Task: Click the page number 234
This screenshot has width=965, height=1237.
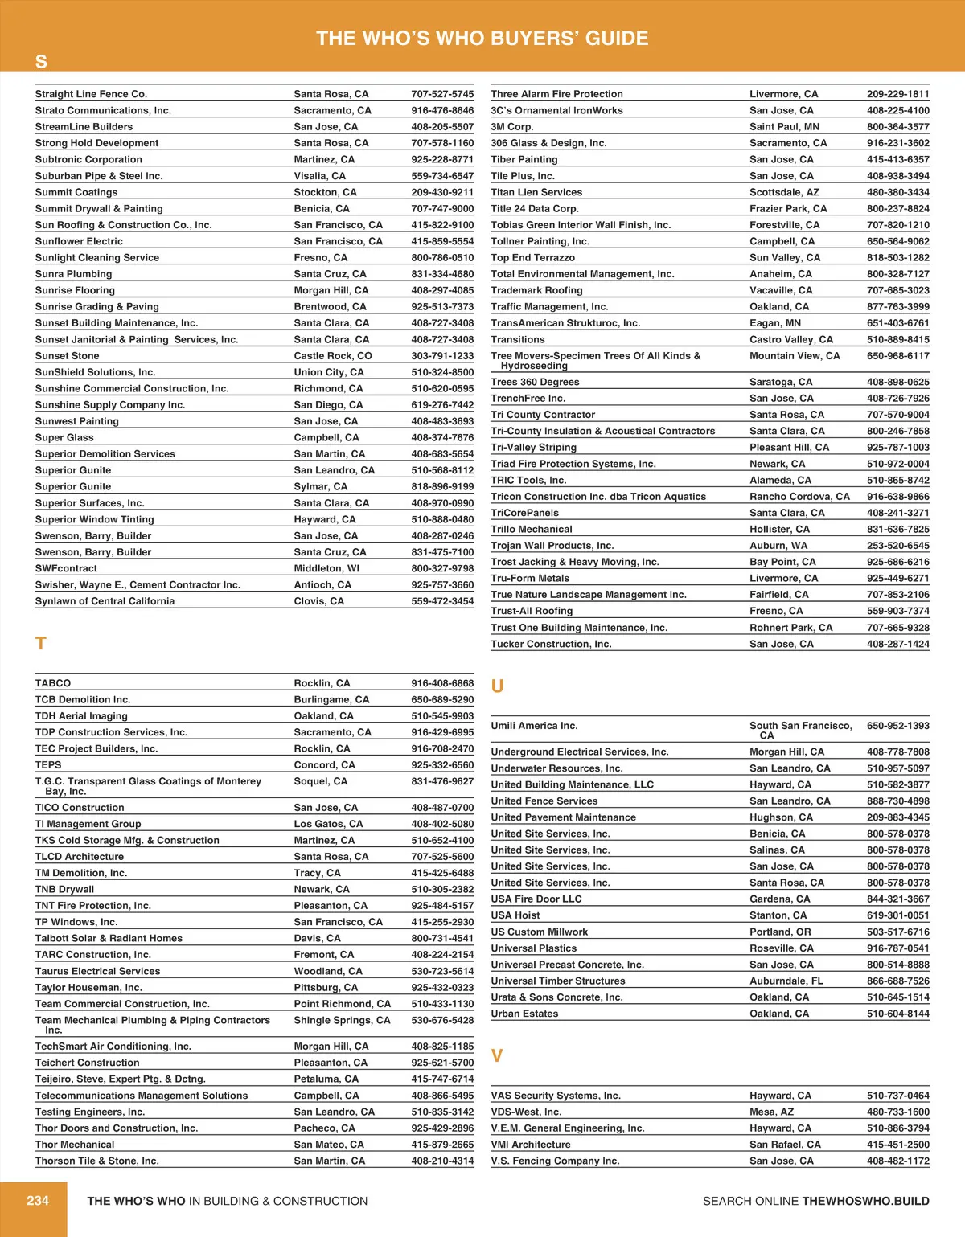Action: coord(38,1201)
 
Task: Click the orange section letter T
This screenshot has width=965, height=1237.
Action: coord(41,644)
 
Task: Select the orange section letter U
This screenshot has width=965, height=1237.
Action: coord(497,686)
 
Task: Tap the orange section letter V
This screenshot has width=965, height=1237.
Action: coord(497,1056)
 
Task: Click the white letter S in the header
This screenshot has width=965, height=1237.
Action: coord(41,62)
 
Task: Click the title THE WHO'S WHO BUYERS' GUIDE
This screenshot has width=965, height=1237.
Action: coord(482,38)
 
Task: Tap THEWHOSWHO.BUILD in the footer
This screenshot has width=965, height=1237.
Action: coord(865,1201)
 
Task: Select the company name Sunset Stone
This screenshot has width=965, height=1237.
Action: coord(68,356)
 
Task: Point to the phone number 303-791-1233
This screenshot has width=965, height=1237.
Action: coord(442,356)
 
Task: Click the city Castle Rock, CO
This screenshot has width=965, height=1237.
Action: coord(333,356)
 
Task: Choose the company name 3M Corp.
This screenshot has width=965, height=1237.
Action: coord(512,127)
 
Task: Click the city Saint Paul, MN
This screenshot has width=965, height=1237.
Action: coord(784,127)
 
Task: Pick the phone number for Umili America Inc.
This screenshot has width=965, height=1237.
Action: coord(897,726)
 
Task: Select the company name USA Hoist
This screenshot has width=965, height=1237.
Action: coord(515,915)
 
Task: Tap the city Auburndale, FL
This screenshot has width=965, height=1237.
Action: coord(786,981)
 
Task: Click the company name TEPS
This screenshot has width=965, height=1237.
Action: coord(48,765)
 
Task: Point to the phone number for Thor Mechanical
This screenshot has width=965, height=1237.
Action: coord(442,1145)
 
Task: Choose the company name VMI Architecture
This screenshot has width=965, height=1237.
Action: coord(531,1145)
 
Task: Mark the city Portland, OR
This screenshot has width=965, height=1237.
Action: coord(780,932)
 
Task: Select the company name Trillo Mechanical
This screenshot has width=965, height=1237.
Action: coord(532,530)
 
